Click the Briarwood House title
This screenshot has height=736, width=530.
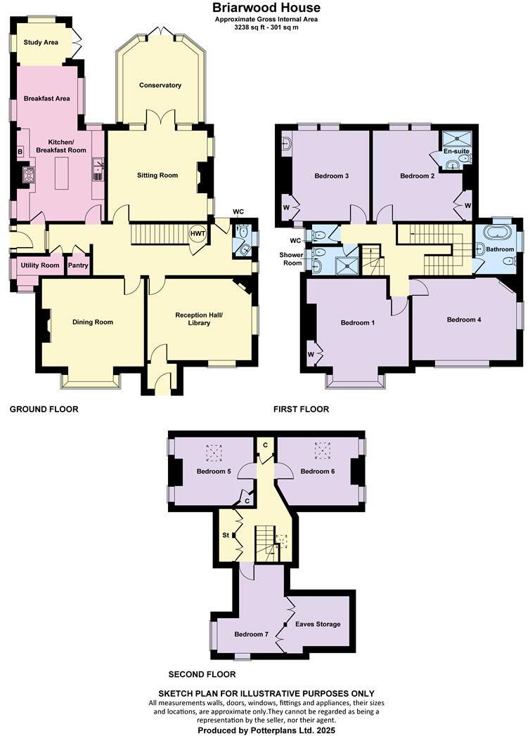point(266,8)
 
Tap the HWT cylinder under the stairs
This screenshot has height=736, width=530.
point(198,235)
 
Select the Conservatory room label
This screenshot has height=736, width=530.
point(160,86)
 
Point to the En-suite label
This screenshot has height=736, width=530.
point(456,151)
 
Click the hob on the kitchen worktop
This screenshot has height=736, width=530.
point(29,173)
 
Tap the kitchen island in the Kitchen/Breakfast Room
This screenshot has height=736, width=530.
point(60,172)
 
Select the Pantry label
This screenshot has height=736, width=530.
point(77,265)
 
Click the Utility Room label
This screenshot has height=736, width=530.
point(40,265)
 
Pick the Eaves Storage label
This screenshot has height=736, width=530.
point(318,624)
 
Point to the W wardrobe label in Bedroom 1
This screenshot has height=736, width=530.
point(310,355)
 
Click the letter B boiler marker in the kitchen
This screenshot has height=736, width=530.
point(20,152)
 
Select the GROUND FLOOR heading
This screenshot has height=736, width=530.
point(44,409)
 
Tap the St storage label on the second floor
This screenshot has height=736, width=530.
point(226,534)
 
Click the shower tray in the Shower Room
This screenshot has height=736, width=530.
point(346,265)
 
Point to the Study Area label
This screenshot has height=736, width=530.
point(41,43)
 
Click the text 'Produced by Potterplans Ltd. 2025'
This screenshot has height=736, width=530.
point(266,730)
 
